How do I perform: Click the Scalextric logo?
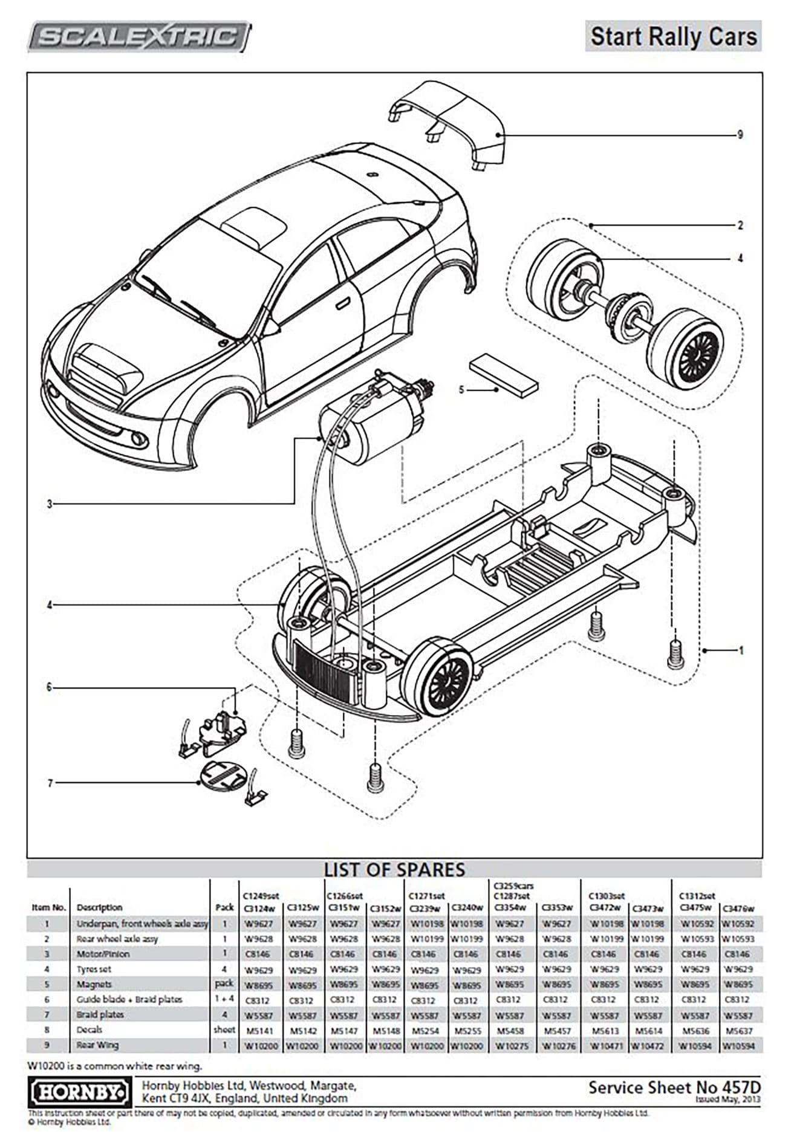click(x=139, y=37)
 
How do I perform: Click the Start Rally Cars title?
click(x=673, y=36)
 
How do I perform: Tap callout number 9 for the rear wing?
click(x=740, y=135)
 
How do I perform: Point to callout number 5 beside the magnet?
click(x=461, y=390)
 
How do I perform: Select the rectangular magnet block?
click(x=503, y=375)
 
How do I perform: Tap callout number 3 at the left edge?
click(x=50, y=504)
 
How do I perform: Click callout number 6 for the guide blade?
click(x=50, y=687)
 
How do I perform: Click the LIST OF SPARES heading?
click(x=394, y=869)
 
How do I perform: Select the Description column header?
click(x=99, y=907)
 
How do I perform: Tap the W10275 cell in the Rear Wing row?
click(x=512, y=1046)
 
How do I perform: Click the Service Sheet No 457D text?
click(x=674, y=1087)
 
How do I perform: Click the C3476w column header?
click(x=738, y=909)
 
